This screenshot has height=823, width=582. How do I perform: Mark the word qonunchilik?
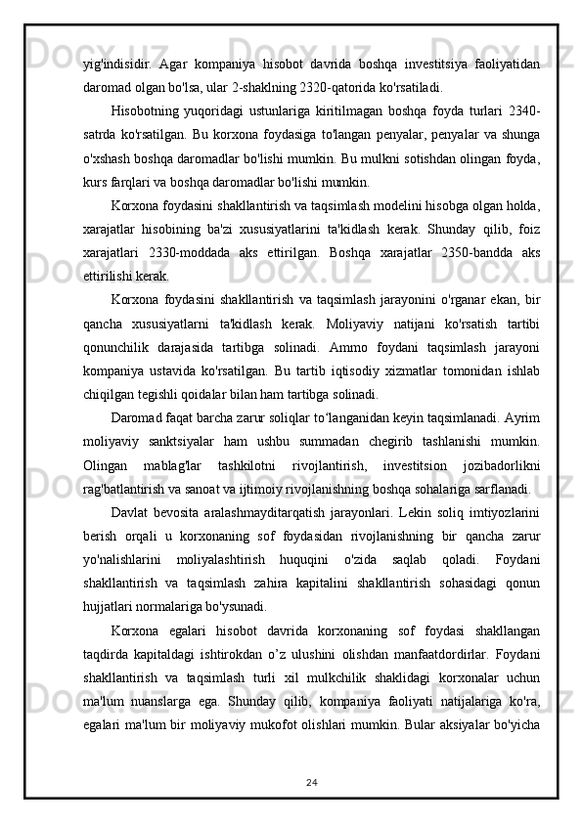pos(121,349)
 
